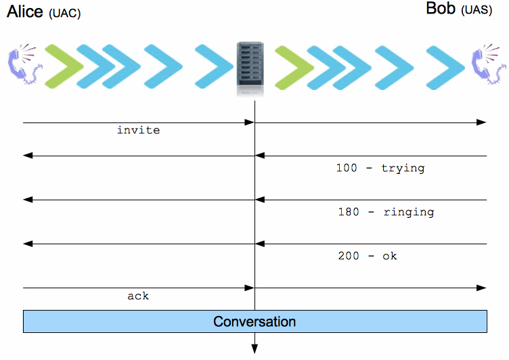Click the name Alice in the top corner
point(25,12)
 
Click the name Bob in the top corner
point(441,8)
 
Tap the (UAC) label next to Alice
point(64,14)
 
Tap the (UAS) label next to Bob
point(477,10)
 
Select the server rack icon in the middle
point(250,68)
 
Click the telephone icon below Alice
point(24,64)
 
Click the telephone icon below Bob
point(489,64)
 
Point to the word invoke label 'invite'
point(139,130)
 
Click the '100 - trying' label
point(380,168)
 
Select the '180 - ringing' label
point(386,212)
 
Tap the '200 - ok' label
point(368,256)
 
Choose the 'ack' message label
point(138,296)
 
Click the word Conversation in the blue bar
point(255,321)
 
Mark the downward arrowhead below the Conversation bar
point(255,349)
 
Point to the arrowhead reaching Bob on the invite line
point(481,122)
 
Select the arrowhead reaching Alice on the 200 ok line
point(28,244)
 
